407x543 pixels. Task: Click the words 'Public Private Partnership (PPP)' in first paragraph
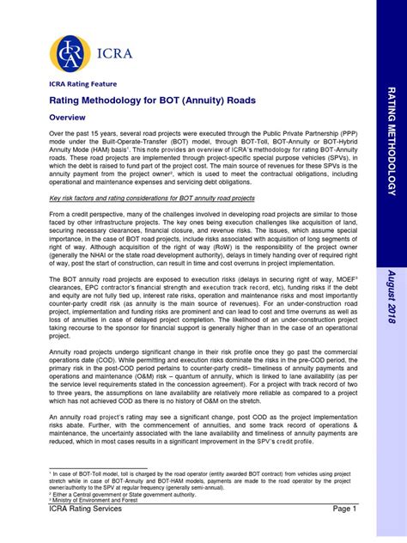pos(297,134)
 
